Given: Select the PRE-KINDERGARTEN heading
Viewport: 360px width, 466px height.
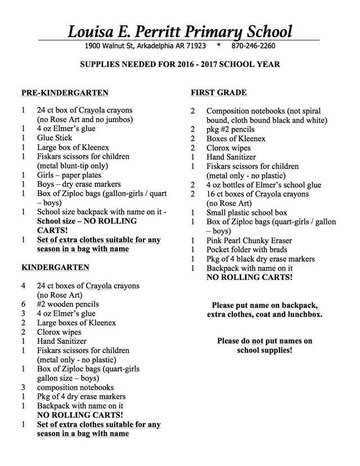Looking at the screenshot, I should coord(65,92).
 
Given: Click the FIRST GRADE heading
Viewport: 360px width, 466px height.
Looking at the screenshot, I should coord(218,92).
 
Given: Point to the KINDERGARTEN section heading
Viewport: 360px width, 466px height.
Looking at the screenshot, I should coord(55,267).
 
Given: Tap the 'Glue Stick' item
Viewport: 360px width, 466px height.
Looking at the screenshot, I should coord(55,138).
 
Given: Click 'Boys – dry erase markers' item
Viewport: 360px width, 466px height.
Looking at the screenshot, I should coord(79,184).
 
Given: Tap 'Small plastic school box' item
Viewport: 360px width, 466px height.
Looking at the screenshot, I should coord(246,213).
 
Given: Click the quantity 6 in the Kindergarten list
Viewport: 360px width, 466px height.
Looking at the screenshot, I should coord(23,304).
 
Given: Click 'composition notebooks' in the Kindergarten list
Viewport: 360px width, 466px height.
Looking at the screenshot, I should coord(75,387).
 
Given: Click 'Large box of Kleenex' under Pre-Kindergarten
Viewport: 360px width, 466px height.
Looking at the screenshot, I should coord(73,147).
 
